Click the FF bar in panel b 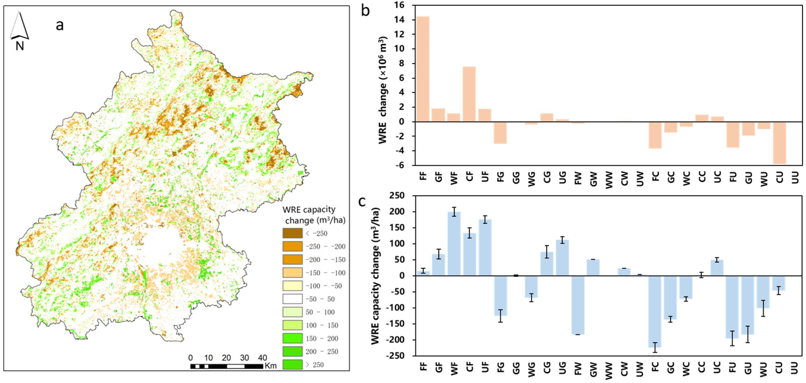[423, 69]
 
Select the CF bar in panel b [469, 94]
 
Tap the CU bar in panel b [779, 143]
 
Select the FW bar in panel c [578, 305]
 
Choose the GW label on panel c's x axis [593, 369]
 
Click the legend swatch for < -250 [292, 233]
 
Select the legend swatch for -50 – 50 [292, 299]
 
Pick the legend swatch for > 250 [292, 365]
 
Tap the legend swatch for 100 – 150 [292, 325]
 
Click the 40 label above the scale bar [262, 358]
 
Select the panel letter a [59, 25]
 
